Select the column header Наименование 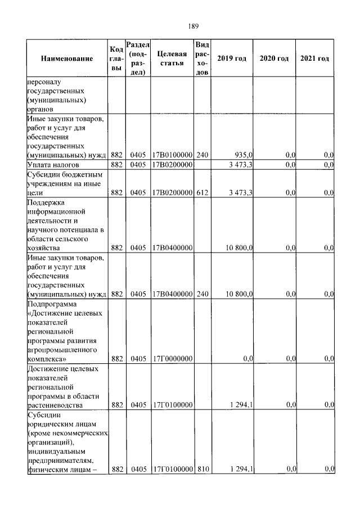click(x=66, y=59)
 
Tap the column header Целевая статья click(x=172, y=58)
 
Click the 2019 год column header click(x=232, y=59)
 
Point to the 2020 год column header click(x=274, y=59)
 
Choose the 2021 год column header click(x=315, y=59)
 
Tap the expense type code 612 click(x=202, y=192)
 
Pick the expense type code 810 click(x=202, y=469)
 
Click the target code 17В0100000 click(x=172, y=154)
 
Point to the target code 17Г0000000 click(x=172, y=358)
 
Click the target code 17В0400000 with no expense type click(x=172, y=247)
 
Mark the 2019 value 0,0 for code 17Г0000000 click(x=247, y=358)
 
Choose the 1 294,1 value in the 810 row click(x=241, y=469)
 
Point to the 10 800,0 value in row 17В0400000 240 click(x=240, y=294)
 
